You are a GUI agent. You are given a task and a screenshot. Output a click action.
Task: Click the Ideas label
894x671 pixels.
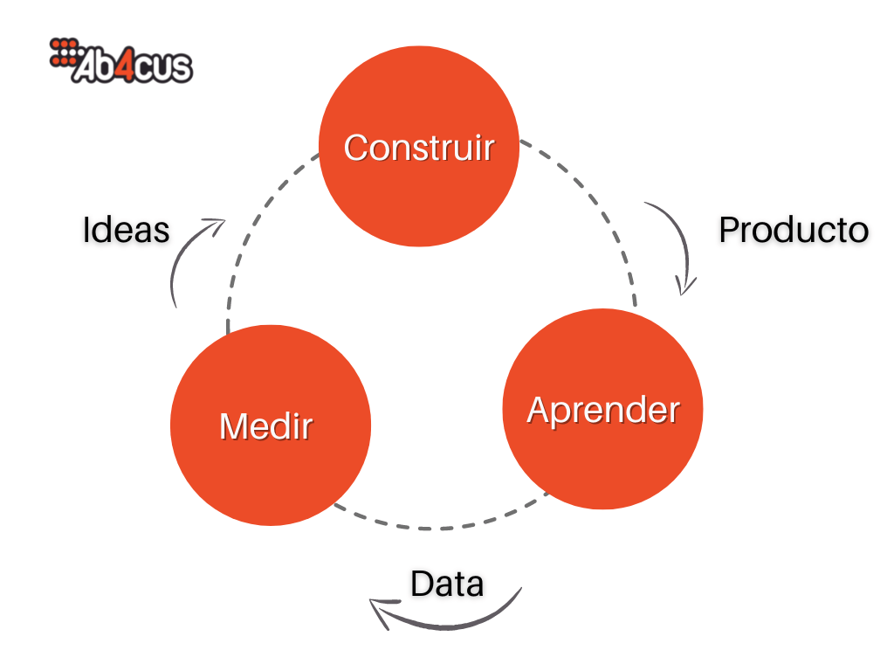coord(126,230)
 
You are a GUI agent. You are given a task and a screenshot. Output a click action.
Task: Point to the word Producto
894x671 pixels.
coord(793,230)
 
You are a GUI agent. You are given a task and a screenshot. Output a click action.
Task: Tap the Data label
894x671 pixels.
coord(447,584)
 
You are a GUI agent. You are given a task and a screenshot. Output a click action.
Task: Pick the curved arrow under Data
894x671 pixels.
coord(445,622)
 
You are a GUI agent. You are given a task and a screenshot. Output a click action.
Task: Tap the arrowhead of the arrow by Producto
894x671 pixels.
coord(687,287)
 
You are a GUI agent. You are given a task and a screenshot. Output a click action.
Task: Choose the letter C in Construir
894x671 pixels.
coord(357,148)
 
